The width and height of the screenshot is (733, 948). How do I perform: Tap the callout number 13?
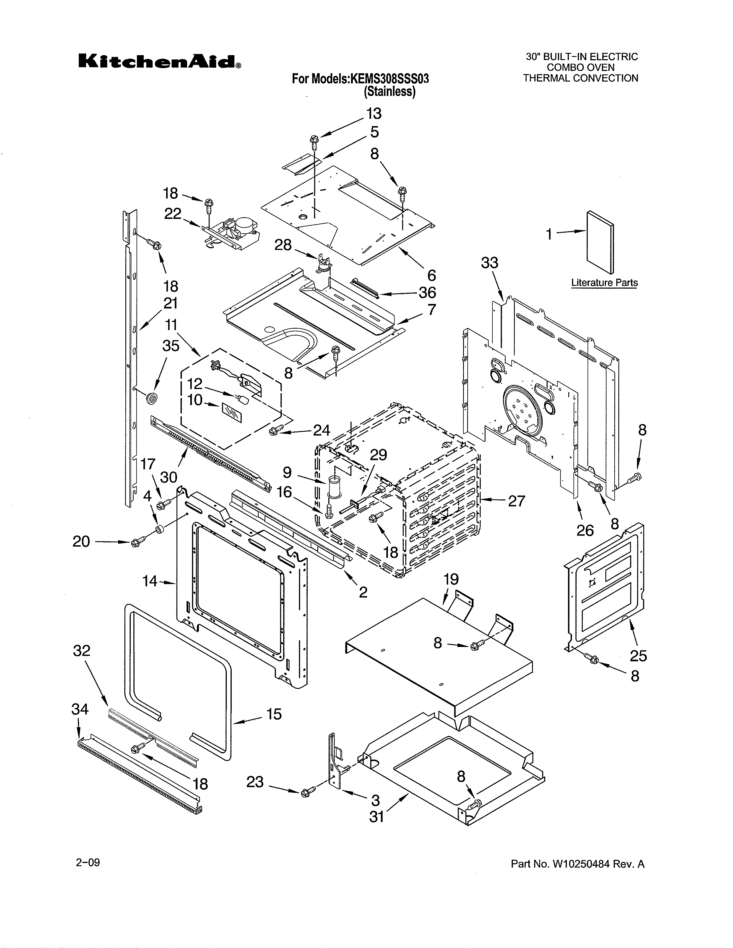coord(373,114)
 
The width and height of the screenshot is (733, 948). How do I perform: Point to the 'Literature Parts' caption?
coord(604,283)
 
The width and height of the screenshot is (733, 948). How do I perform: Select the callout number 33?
coord(490,263)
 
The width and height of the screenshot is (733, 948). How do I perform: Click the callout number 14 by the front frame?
coord(150,581)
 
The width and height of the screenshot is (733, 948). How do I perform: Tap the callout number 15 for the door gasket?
coord(274,714)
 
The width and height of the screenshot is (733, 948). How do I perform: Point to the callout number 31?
coord(377,817)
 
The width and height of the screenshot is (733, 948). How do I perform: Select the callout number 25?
coord(638,656)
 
